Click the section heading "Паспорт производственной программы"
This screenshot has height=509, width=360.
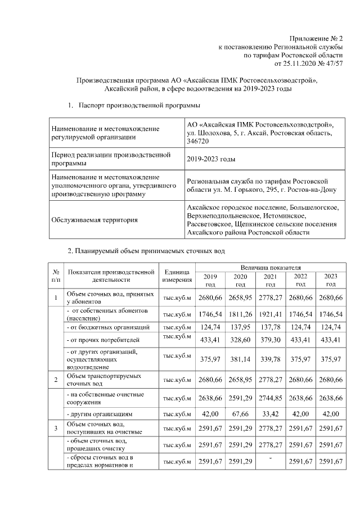(139, 105)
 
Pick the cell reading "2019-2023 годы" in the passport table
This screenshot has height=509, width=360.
(211, 159)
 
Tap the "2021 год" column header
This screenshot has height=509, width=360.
(271, 280)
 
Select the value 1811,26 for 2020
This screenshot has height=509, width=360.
(240, 313)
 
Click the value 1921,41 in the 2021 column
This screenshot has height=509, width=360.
(271, 313)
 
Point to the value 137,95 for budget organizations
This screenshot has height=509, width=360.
(240, 327)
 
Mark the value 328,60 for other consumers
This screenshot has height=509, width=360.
(240, 340)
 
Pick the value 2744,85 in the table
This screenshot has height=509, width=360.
(271, 399)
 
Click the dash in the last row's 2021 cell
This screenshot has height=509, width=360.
(271, 458)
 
